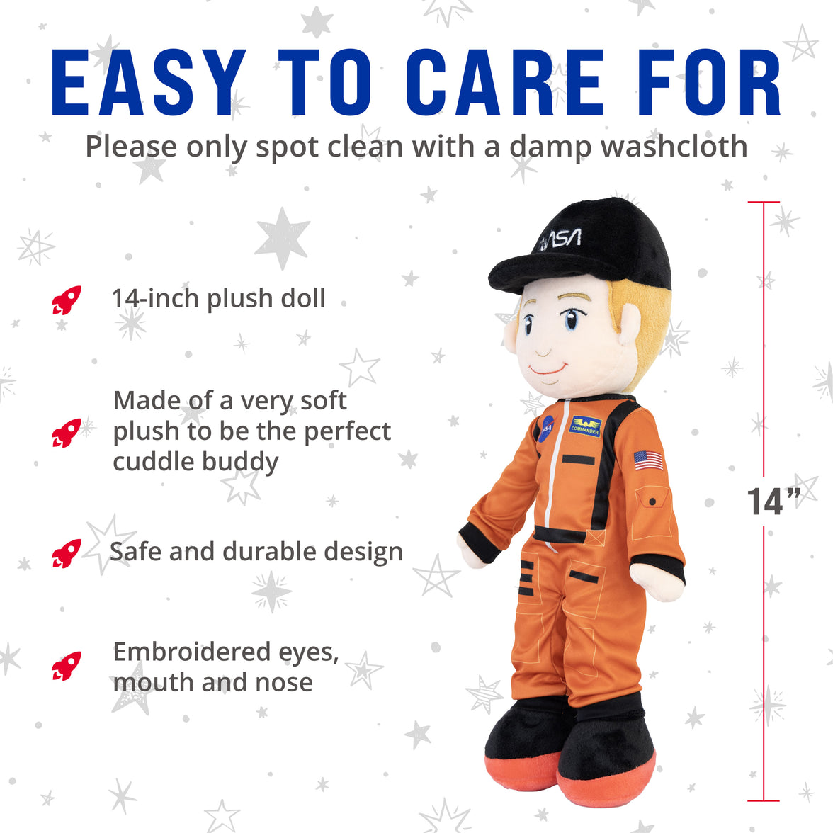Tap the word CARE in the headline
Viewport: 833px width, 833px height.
tap(505, 83)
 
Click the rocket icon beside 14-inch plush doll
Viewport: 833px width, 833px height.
tap(67, 300)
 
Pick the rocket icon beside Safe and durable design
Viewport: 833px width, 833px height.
tap(67, 553)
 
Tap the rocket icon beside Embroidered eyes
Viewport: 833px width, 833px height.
tap(67, 666)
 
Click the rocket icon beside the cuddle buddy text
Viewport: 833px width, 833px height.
tap(67, 433)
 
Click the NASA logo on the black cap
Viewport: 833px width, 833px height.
tap(560, 240)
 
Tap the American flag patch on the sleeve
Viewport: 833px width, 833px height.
tap(649, 460)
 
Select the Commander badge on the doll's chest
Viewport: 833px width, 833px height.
tap(586, 426)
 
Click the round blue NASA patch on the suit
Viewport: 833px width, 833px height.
tap(545, 429)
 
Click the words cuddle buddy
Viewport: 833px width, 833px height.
tap(195, 462)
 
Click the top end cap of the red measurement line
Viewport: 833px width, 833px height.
tap(764, 203)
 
